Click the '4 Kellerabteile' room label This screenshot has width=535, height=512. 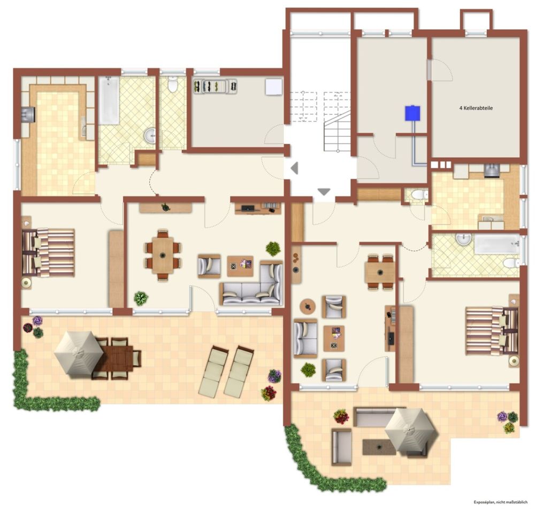point(476,108)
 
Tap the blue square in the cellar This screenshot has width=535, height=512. point(412,113)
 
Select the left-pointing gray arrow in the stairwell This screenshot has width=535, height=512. point(294,168)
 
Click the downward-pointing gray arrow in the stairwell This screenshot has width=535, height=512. point(324,192)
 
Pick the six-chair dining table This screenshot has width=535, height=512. point(163,254)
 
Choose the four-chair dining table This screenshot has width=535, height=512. point(380,272)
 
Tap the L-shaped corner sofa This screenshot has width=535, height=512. point(252,284)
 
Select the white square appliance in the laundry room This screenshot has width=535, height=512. point(273,87)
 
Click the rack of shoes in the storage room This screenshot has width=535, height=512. point(215,86)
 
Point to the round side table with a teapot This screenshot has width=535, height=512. point(308,306)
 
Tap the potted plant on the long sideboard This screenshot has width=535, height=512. point(165,207)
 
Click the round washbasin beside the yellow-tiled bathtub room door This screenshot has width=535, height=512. point(150,136)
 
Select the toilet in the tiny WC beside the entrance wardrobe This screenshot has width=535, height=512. point(419,195)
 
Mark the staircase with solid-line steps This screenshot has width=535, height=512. point(337,132)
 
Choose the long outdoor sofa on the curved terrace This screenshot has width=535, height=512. point(380,416)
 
